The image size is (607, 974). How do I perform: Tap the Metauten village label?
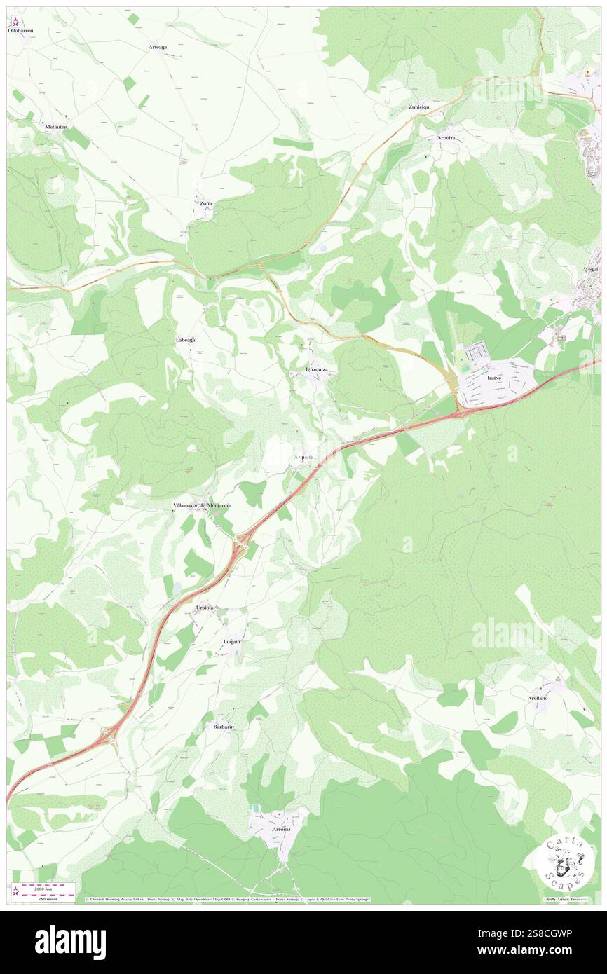[55, 126]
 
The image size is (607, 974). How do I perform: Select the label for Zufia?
[205, 203]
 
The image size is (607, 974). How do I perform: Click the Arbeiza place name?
[446, 137]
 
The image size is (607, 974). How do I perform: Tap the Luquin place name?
[232, 641]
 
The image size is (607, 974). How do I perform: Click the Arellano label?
[538, 699]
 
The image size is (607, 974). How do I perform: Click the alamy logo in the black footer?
[70, 942]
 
